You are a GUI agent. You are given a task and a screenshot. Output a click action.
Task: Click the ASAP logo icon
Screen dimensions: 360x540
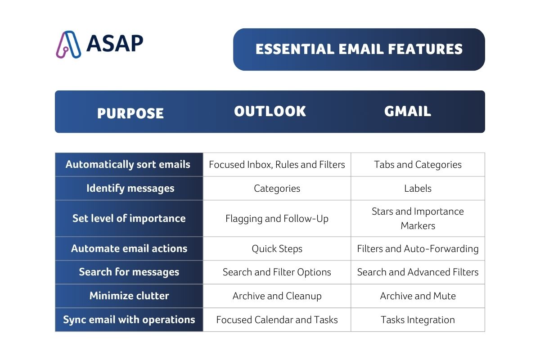[x=68, y=44]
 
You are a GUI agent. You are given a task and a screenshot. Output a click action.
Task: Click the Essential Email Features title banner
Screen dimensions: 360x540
[x=359, y=49]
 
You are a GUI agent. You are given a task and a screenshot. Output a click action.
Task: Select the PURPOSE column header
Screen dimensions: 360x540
[x=130, y=113]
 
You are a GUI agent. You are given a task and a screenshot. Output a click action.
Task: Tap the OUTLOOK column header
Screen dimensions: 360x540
[x=270, y=111]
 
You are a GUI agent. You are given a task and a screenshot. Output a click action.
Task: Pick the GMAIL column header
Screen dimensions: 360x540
[x=408, y=111]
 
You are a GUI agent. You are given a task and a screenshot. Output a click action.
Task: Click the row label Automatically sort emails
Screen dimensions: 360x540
[x=128, y=164]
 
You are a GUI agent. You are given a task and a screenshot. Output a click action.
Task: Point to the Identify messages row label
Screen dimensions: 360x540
[x=130, y=188]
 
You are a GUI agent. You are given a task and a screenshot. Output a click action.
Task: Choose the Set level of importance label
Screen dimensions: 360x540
[x=129, y=218]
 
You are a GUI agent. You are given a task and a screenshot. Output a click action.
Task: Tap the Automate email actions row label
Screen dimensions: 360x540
[x=129, y=248]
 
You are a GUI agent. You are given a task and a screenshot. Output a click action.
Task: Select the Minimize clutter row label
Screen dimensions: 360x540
[x=129, y=296]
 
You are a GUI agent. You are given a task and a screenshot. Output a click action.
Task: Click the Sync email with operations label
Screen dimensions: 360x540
[x=129, y=319]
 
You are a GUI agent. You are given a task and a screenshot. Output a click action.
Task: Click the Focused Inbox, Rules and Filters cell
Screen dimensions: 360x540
[x=277, y=164]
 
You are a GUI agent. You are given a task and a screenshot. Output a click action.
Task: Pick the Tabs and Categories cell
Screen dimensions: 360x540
[x=418, y=164]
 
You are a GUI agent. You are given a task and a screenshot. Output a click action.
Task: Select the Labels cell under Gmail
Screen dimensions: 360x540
[x=418, y=188]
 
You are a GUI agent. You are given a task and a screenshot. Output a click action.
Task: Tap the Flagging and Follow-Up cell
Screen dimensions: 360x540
[x=277, y=219]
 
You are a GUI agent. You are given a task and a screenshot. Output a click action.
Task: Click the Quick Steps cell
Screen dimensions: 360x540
[x=277, y=248]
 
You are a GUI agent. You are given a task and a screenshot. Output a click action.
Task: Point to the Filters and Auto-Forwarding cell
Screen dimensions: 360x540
[x=418, y=248]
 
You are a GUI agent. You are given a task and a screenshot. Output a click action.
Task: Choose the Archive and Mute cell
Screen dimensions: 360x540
[x=418, y=296]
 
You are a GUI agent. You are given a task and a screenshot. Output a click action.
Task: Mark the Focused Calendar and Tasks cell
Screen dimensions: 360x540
[x=277, y=319]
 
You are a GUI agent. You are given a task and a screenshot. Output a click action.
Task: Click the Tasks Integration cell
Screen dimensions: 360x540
[x=418, y=319]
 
